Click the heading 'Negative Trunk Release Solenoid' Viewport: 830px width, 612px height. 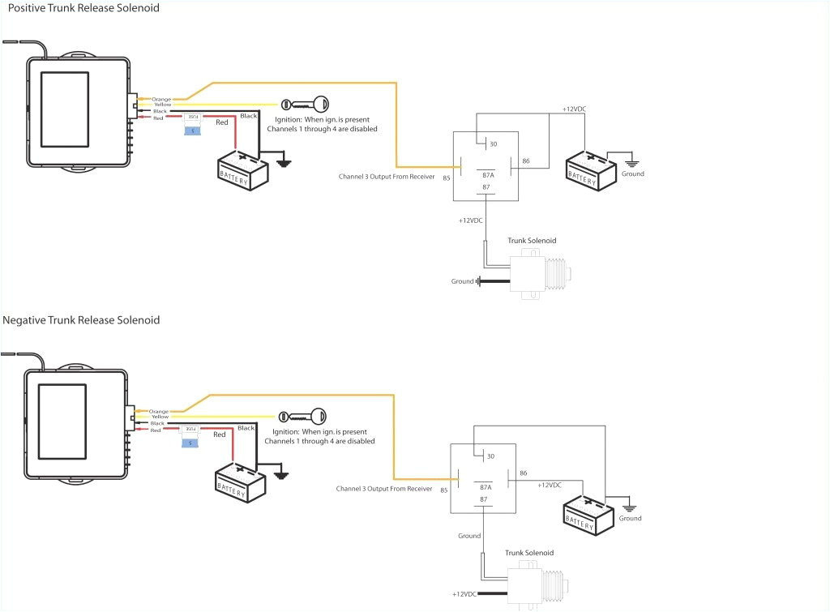tap(81, 320)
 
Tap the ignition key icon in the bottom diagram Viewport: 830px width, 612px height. tap(302, 417)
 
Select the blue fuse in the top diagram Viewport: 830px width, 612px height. tap(192, 131)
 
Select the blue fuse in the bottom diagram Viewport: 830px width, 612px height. tap(190, 443)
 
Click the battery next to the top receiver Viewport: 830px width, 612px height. tap(243, 169)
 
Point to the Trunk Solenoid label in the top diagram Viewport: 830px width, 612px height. tap(532, 241)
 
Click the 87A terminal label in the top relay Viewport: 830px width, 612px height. tap(488, 174)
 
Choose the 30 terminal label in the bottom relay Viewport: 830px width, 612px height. tap(489, 456)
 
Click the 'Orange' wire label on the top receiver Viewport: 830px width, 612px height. tap(161, 99)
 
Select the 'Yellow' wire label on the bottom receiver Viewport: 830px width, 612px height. tap(160, 417)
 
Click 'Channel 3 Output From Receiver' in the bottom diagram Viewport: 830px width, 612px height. tap(384, 489)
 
